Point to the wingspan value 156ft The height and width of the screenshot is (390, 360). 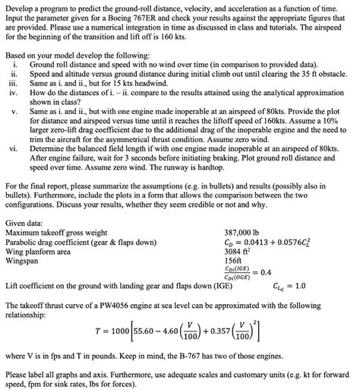[235, 259]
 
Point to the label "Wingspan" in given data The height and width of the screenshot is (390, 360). [24, 259]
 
